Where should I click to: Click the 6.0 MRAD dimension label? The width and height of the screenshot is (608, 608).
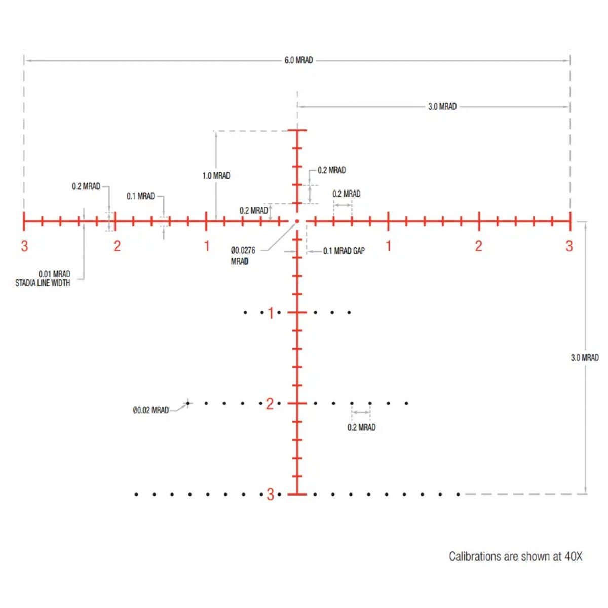click(x=298, y=60)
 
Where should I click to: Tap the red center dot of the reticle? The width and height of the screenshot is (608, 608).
click(x=297, y=221)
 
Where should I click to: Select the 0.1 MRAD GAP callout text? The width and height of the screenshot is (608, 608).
click(x=344, y=251)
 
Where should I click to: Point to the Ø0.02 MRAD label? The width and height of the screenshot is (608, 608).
click(x=150, y=410)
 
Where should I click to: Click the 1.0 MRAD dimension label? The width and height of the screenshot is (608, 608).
click(x=216, y=176)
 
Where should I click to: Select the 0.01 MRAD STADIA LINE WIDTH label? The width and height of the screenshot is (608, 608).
click(x=43, y=278)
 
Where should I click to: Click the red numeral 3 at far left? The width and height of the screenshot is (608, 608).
click(x=24, y=246)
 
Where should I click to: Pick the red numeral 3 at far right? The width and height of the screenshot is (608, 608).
click(x=569, y=246)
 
